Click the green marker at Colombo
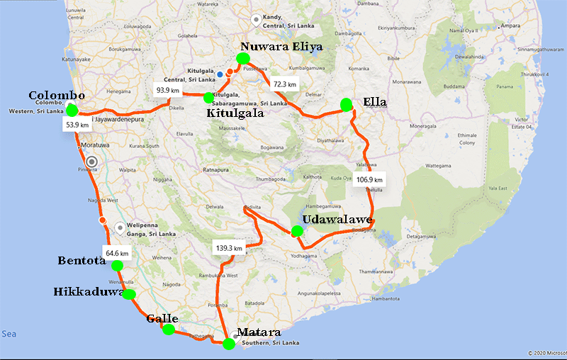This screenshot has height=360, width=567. [x=72, y=110]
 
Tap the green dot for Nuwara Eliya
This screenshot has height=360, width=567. [x=244, y=58]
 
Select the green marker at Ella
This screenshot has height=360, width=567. [x=347, y=104]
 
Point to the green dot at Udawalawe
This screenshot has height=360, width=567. [x=297, y=231]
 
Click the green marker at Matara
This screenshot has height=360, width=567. [x=228, y=344]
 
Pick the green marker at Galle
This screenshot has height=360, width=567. [x=168, y=329]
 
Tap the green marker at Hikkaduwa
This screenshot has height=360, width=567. [x=129, y=294]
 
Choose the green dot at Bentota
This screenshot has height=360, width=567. [x=117, y=266]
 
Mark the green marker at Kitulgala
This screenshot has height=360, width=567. [x=208, y=98]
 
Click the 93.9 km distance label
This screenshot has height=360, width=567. [x=169, y=90]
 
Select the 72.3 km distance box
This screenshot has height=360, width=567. [x=286, y=84]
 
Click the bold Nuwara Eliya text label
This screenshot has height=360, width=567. [x=281, y=47]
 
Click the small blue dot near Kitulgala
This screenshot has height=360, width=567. [x=220, y=74]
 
